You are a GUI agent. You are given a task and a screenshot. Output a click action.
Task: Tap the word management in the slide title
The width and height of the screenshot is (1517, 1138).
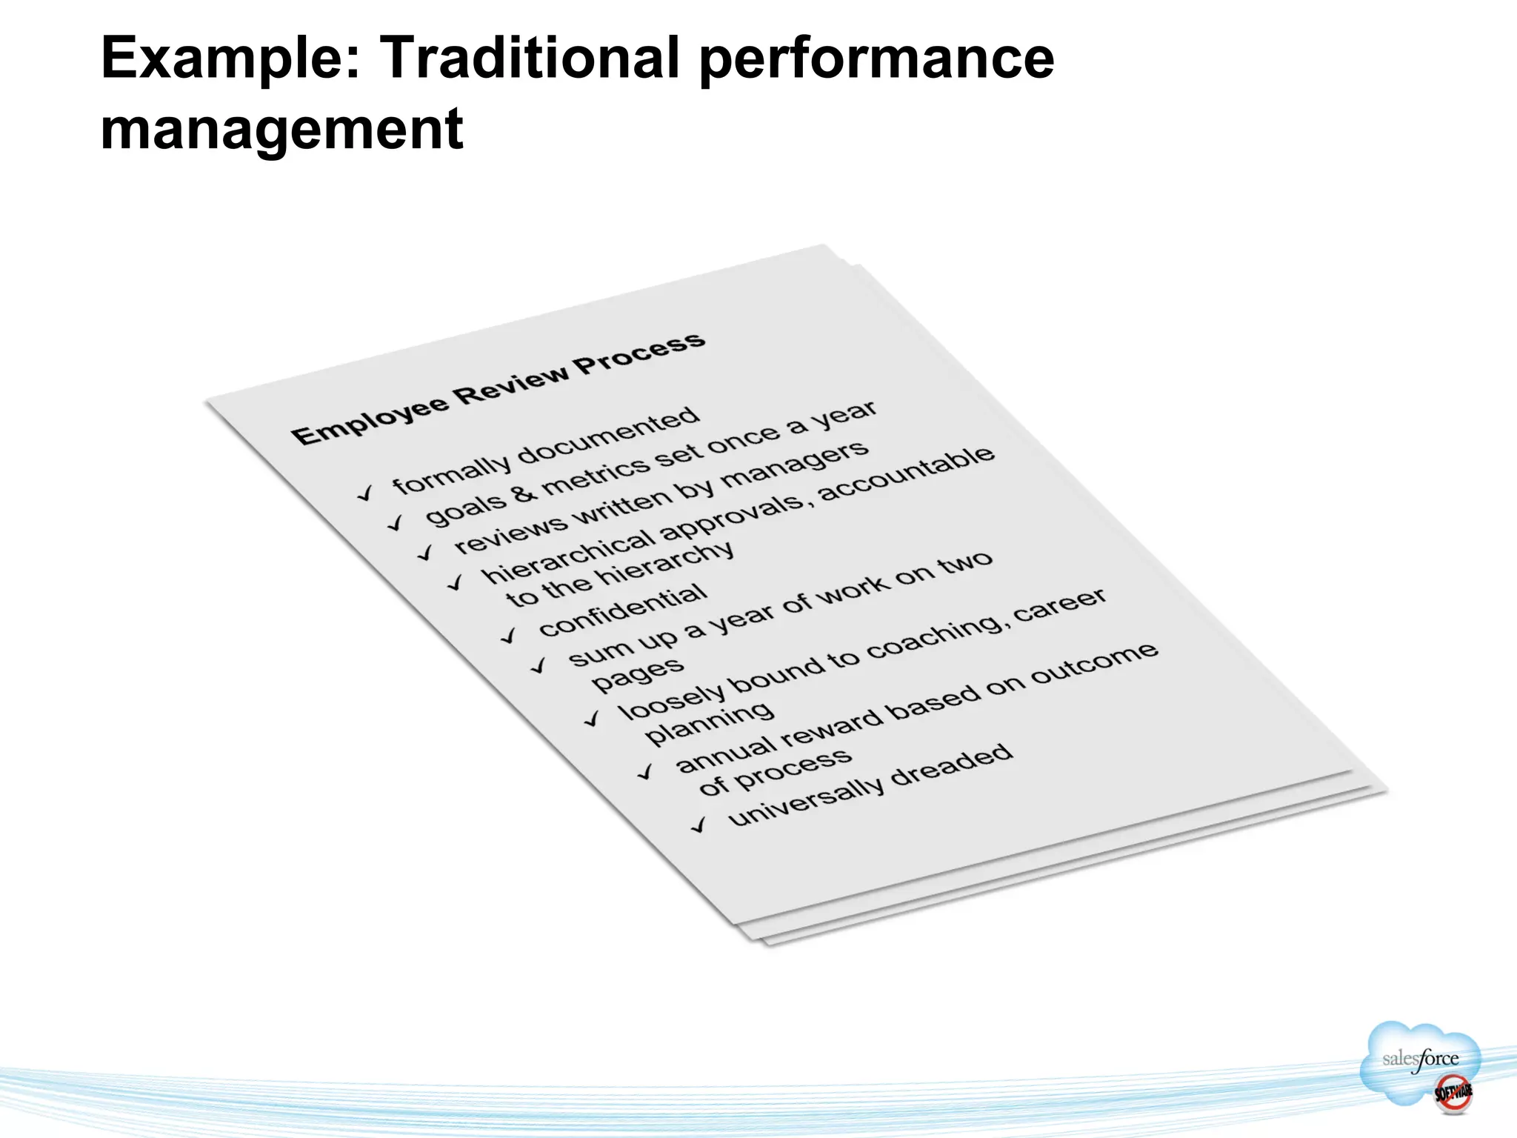coord(281,130)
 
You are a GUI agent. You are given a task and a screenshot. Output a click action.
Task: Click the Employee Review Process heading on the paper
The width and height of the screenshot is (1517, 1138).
coord(498,388)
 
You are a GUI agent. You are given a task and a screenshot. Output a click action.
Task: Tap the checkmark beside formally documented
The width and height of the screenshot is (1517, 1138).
coord(365,493)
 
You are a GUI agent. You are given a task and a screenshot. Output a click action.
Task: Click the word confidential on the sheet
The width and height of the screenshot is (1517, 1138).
coord(623,610)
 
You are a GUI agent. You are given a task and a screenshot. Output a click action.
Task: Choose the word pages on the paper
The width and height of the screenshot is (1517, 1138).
coord(638,673)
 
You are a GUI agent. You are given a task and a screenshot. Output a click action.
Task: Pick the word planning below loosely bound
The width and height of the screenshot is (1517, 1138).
coord(710,723)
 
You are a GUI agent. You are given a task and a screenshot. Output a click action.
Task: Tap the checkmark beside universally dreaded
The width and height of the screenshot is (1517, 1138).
coord(699,825)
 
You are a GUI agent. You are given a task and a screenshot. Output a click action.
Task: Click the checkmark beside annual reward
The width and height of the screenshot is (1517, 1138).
coord(646,772)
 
